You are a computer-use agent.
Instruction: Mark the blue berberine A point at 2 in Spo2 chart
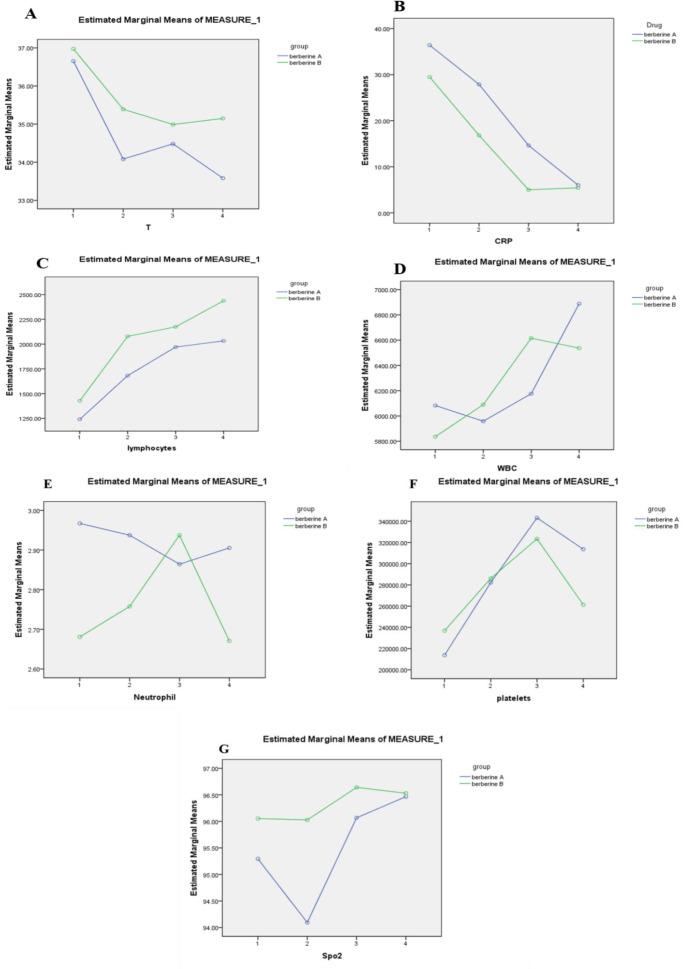[307, 922]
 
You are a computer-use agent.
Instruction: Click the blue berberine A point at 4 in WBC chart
[578, 304]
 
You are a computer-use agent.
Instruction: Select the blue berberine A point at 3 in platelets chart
[536, 518]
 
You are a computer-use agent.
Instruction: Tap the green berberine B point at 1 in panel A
[73, 49]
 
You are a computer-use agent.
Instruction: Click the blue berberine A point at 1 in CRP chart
[429, 45]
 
